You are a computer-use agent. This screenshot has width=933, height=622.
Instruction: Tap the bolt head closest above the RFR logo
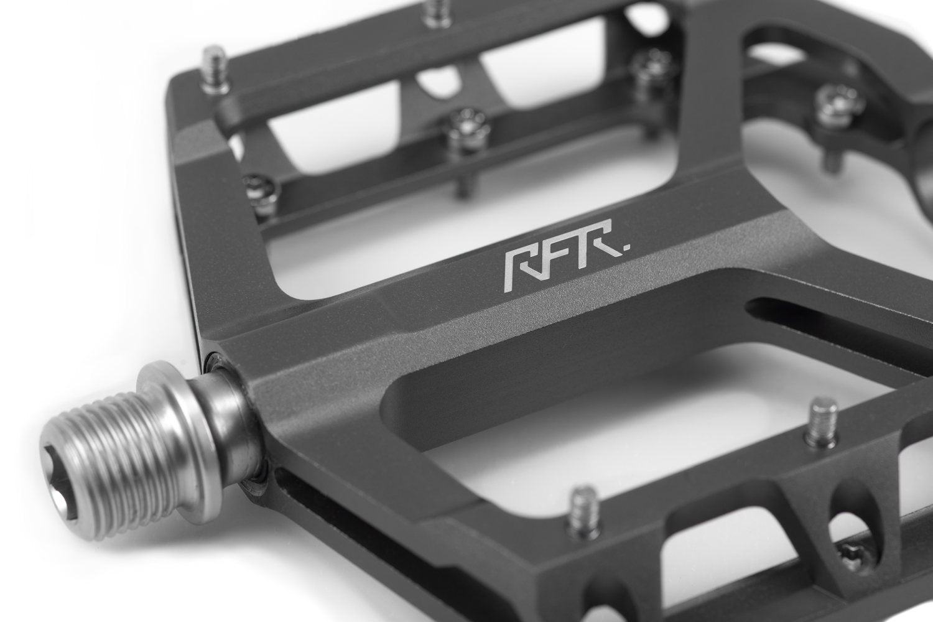[x=466, y=124]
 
